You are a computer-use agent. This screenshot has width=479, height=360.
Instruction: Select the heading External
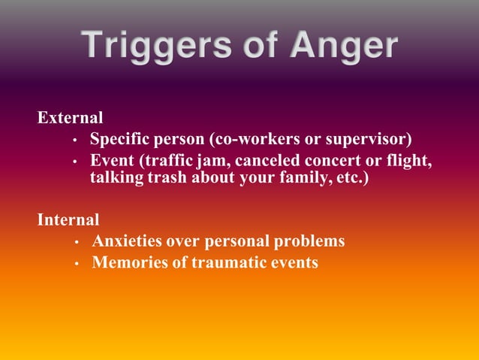(x=71, y=118)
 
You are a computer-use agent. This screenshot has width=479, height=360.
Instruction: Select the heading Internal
(x=68, y=220)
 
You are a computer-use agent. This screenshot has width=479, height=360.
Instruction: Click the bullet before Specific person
(x=75, y=141)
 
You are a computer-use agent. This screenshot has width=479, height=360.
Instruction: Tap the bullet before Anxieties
(x=77, y=243)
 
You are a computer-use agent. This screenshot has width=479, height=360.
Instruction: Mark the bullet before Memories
(x=77, y=265)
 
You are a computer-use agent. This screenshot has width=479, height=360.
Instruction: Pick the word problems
(x=307, y=241)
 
